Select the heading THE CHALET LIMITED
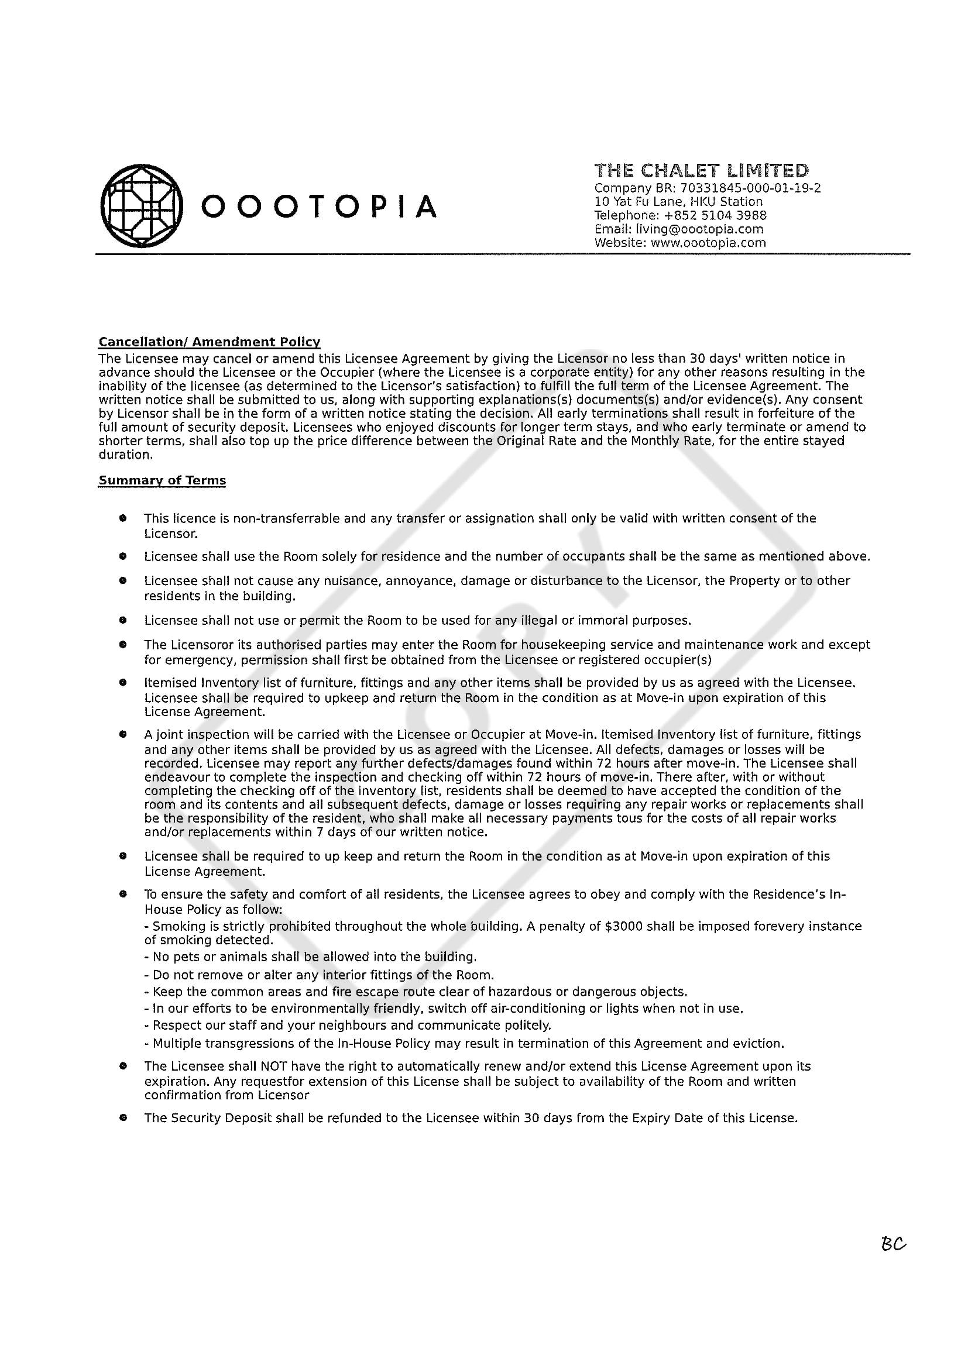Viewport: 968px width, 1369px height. coord(701,171)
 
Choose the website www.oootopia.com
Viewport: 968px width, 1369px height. coord(708,243)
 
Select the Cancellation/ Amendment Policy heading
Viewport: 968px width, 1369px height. coord(210,342)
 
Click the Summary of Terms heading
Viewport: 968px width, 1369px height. coord(162,480)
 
